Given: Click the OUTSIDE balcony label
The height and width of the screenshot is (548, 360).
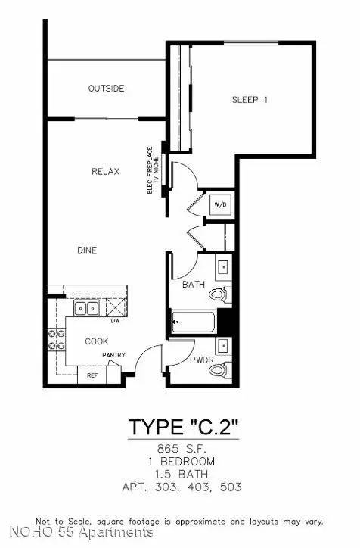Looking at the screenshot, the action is coord(106,89).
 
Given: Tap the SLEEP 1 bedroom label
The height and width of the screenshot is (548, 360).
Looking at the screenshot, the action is coord(250,100).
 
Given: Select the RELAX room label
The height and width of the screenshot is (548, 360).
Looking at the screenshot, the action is coord(105,171).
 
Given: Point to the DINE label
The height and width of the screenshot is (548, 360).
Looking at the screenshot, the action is coord(87,251).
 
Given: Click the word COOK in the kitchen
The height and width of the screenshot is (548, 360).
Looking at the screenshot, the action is coord(97,341).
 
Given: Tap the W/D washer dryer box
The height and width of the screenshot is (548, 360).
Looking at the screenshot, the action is coord(220,204).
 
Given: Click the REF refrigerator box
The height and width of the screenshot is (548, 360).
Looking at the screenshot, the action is coord(92,375).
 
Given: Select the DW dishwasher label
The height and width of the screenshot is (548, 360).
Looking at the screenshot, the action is coord(115,320).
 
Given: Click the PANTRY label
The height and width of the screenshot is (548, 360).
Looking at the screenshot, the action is coord(114,355).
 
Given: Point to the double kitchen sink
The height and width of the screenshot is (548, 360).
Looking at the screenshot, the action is coord(86,308).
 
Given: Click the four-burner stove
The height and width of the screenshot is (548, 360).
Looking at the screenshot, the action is coord(56,339).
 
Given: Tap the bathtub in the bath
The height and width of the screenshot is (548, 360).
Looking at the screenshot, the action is coord(193,322).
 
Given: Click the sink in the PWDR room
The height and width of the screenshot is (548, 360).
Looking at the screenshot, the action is coord(223,346).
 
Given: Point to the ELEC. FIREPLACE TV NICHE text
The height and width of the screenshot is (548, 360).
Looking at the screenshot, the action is coord(153,170).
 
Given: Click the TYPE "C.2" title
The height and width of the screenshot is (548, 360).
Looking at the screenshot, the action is coord(183,427).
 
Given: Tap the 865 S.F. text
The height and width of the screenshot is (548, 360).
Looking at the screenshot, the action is coord(182,448).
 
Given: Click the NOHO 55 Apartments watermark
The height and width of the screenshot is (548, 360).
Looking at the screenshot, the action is coord(82,532).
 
